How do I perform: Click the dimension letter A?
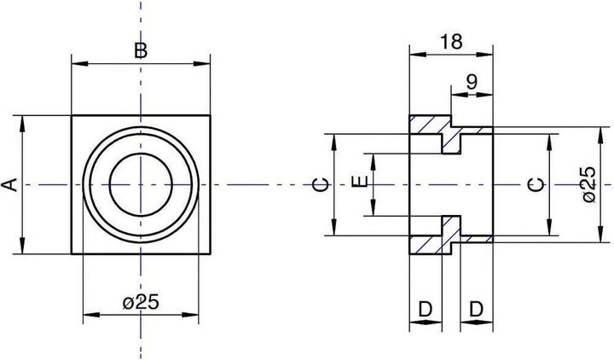click(9, 184)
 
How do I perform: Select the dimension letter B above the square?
click(142, 50)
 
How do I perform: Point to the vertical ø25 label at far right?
click(588, 184)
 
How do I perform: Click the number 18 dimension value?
click(452, 41)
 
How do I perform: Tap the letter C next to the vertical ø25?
click(535, 184)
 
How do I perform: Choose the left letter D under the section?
click(426, 309)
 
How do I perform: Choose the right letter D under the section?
click(477, 309)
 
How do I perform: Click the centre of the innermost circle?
click(142, 184)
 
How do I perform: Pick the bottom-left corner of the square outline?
click(72, 254)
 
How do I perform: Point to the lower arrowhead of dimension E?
click(374, 212)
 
